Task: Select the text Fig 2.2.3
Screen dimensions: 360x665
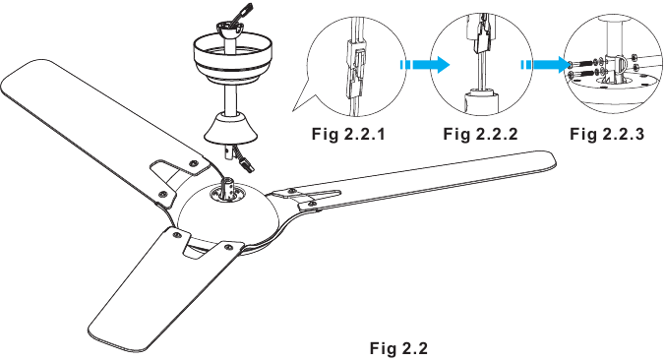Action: (x=607, y=134)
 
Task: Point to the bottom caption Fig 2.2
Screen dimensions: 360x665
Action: (x=398, y=347)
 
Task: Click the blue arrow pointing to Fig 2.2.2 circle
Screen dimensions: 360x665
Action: (x=424, y=66)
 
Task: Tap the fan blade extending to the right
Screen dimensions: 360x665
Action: (x=443, y=187)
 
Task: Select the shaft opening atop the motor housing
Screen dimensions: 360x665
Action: (x=230, y=190)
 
